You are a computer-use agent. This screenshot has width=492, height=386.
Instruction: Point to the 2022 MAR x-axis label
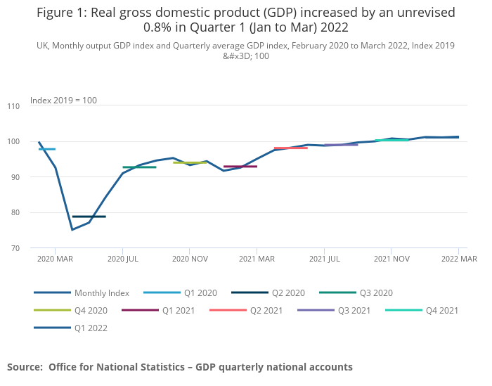(459, 259)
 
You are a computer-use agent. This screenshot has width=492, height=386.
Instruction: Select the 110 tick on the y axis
(13, 106)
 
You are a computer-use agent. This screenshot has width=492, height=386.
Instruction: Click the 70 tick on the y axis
(15, 248)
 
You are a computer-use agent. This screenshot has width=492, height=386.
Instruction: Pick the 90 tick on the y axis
(15, 177)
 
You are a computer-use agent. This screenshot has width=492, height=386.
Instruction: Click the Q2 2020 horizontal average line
(89, 217)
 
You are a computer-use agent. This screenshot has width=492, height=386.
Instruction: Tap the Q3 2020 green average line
(139, 167)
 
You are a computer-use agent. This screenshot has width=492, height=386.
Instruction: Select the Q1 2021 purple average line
(240, 167)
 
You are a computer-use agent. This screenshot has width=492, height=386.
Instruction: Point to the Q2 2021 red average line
(290, 148)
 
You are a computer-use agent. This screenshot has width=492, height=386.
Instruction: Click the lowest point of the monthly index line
(72, 229)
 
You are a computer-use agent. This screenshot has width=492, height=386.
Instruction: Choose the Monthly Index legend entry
(92, 292)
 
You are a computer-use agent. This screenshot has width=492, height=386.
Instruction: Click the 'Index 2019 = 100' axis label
(63, 101)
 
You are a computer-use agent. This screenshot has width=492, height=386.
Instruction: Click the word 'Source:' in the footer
(25, 367)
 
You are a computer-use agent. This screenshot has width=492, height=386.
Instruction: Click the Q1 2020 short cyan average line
(47, 149)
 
